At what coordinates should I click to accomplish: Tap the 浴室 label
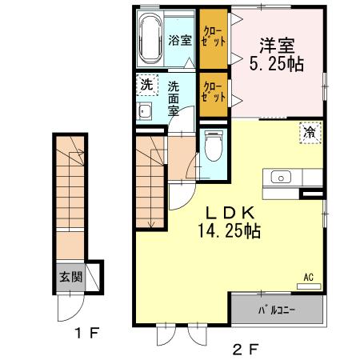click(180, 40)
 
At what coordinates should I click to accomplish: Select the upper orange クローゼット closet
click(213, 36)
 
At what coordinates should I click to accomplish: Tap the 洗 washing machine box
click(146, 84)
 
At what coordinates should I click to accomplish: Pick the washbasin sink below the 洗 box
click(146, 110)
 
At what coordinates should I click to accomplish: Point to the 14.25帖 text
click(230, 231)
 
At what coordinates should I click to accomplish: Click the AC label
click(308, 278)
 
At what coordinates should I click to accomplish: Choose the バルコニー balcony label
click(278, 309)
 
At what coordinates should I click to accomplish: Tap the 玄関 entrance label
click(70, 278)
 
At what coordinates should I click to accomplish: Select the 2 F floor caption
click(247, 348)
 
